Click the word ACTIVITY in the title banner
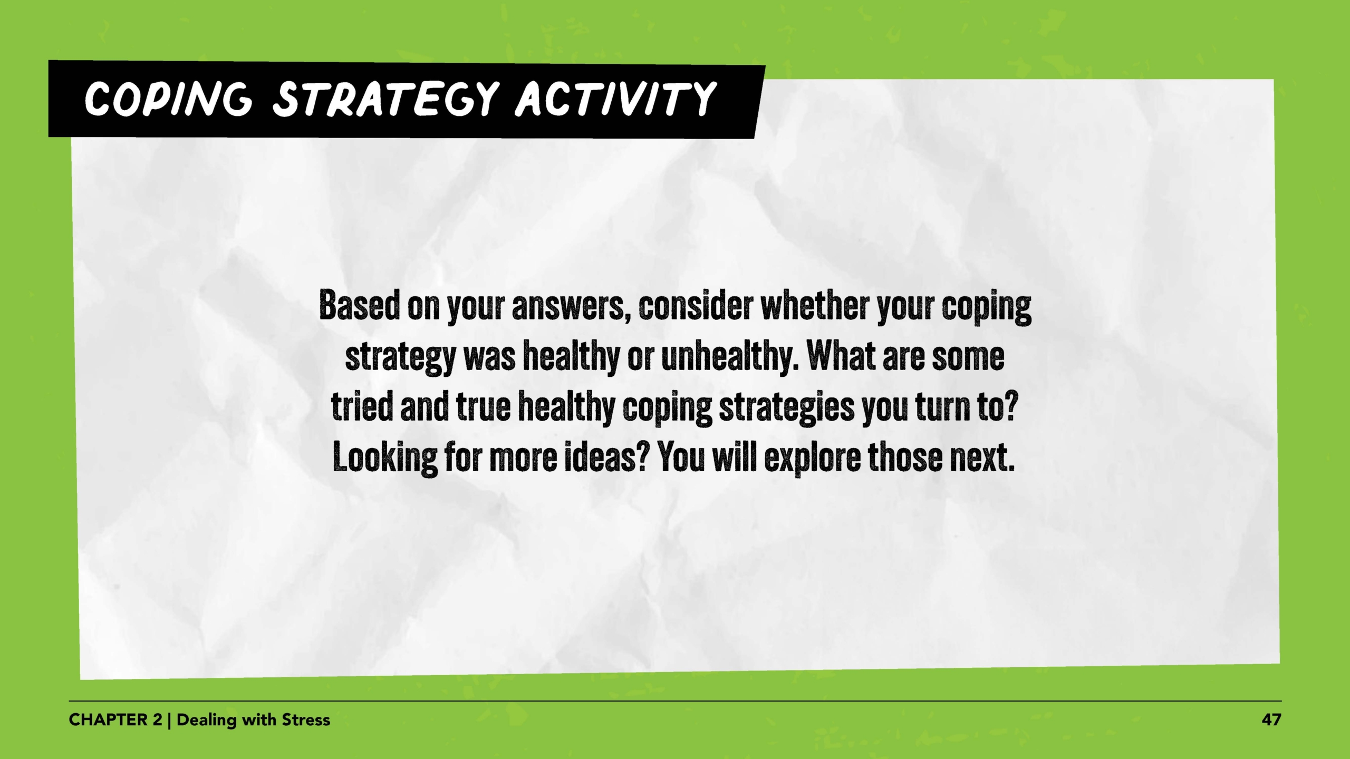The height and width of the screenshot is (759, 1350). pyautogui.click(x=616, y=99)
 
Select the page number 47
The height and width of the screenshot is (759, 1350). pyautogui.click(x=1271, y=720)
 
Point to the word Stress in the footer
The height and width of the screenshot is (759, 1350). pyautogui.click(x=306, y=720)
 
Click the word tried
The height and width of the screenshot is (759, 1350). pyautogui.click(x=361, y=407)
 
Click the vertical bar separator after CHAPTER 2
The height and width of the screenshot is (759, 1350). pyautogui.click(x=169, y=721)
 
